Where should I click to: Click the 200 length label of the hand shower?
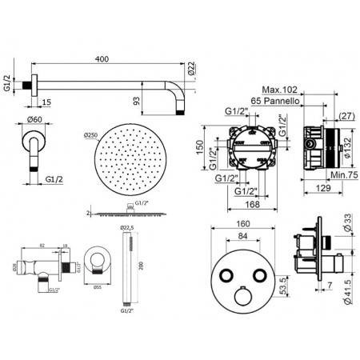142,269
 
